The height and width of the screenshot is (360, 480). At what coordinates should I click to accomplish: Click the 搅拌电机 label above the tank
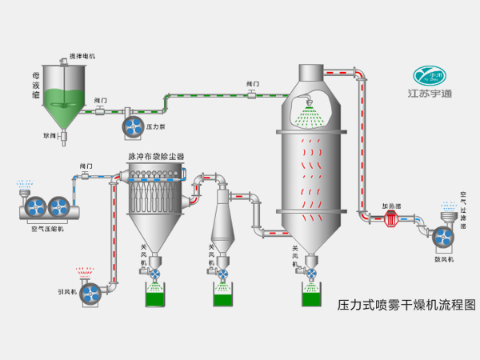click(82, 57)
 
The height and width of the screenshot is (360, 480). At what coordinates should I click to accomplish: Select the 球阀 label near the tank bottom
click(49, 136)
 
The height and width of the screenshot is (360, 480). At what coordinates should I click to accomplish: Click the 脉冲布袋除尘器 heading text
click(156, 156)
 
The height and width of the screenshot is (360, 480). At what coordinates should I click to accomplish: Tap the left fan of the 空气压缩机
click(35, 207)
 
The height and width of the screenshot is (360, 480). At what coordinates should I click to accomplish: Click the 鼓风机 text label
click(444, 259)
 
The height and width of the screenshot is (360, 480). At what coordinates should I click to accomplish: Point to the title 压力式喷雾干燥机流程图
click(406, 305)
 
